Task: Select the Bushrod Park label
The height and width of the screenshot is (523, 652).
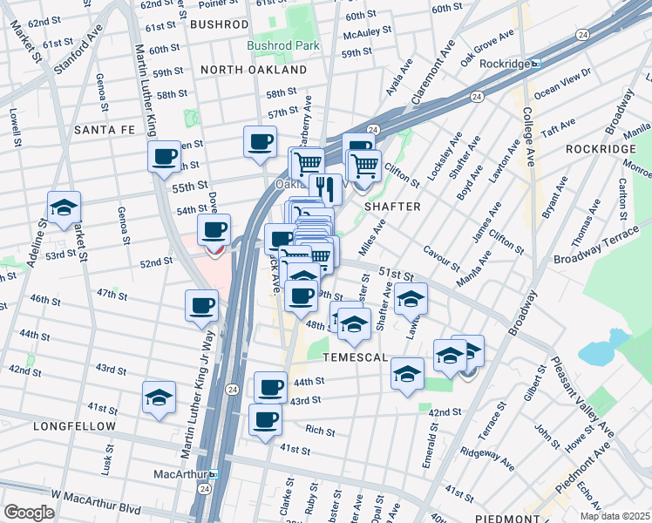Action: point(283,45)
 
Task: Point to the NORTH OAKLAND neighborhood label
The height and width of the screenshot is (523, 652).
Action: point(254,69)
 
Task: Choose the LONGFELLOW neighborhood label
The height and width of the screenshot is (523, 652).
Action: point(74,426)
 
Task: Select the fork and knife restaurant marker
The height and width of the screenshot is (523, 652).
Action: point(325,187)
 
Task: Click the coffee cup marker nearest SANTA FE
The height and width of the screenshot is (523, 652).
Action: point(164,158)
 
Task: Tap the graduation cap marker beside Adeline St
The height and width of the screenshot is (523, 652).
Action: point(65,208)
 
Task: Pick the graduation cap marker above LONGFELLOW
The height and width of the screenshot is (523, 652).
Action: point(159,397)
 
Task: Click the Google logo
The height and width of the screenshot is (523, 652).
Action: point(29,513)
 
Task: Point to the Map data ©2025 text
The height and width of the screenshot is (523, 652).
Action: point(614,516)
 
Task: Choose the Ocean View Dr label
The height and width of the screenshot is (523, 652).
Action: point(562,82)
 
